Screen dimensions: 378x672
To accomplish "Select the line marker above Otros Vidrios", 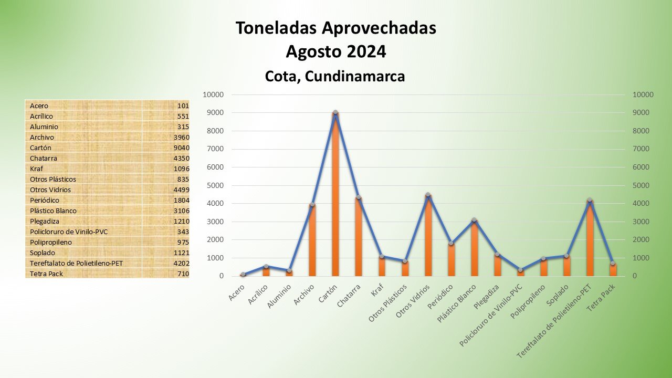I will (x=428, y=195).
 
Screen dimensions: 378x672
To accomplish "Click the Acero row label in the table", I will (x=39, y=106).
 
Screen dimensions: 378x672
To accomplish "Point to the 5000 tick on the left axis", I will (x=213, y=185).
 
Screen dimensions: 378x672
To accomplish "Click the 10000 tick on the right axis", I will (x=643, y=94).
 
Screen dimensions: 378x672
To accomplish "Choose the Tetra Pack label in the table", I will (x=46, y=274).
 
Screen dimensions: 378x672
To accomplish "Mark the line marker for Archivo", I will (x=312, y=205).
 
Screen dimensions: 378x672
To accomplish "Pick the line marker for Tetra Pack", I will (x=613, y=263).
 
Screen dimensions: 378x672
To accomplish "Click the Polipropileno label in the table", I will (x=51, y=242).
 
